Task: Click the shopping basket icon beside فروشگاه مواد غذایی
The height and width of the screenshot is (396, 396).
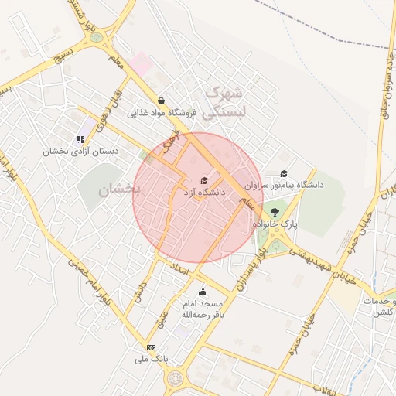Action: tap(160, 101)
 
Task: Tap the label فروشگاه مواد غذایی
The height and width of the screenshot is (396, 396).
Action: tap(164, 114)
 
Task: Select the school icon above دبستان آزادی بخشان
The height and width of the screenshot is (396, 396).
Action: tap(80, 140)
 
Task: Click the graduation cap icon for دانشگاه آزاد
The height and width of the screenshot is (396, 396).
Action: tap(204, 181)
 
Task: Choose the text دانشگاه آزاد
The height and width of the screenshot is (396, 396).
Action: tap(203, 192)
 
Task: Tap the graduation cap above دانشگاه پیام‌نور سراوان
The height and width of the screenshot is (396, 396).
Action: tap(284, 174)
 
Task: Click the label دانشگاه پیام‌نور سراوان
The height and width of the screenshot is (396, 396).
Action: tap(283, 186)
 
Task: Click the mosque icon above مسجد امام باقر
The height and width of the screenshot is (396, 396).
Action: tap(203, 292)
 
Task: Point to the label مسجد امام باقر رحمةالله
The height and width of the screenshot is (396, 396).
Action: tap(202, 309)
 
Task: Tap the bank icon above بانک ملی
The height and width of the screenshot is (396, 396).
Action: tap(151, 347)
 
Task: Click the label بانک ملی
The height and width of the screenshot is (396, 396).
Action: tap(151, 359)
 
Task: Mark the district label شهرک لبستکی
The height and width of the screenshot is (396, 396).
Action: tap(223, 101)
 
